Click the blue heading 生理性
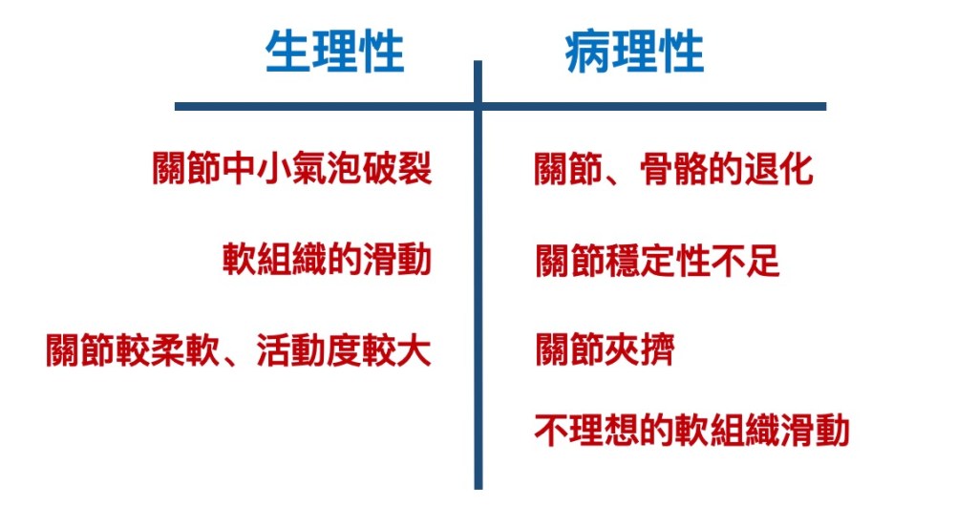point(334,52)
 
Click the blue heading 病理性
point(635,52)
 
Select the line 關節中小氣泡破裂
point(292,170)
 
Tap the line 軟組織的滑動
point(328,259)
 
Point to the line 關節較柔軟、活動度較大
point(239,350)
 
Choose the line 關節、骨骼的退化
point(673,170)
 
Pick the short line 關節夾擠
point(605,350)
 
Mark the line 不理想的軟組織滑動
point(691,432)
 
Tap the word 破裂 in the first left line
point(397,170)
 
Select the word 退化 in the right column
point(778,170)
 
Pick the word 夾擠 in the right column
point(640,350)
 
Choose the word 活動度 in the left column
point(308,350)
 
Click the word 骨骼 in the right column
point(673,170)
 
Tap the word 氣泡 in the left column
point(327,170)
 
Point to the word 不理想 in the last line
point(586,432)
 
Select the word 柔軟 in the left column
point(185,350)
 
